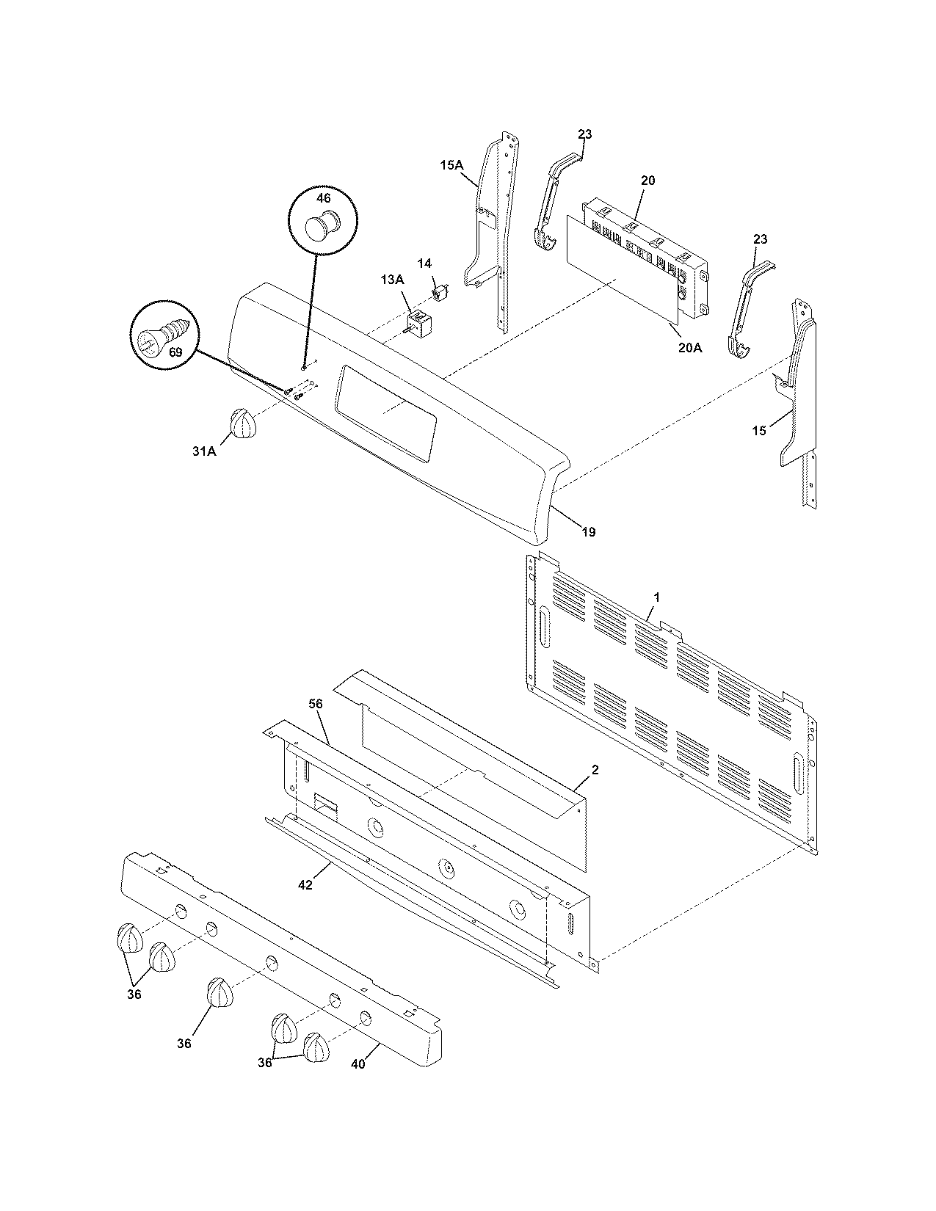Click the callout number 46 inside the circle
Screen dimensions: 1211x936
[323, 198]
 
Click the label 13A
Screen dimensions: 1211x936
[392, 280]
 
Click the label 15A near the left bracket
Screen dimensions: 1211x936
[451, 166]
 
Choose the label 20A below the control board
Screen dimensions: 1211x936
[689, 348]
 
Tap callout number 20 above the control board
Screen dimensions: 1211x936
[647, 181]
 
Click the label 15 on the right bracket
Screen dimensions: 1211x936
[759, 431]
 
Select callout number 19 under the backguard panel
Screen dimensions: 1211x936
[589, 532]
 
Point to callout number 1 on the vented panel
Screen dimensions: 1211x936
[657, 597]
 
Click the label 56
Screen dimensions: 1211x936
[316, 704]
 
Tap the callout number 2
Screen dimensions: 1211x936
[595, 770]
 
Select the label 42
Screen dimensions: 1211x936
[305, 885]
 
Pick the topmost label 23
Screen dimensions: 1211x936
[584, 134]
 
